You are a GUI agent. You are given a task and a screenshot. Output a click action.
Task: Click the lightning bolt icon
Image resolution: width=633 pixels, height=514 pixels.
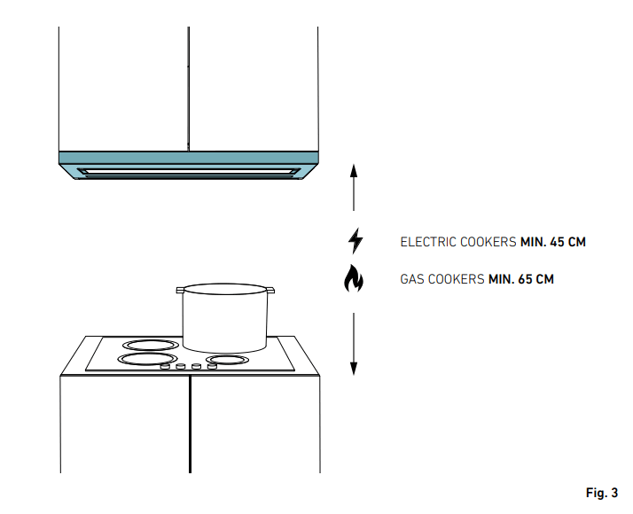pos(355,241)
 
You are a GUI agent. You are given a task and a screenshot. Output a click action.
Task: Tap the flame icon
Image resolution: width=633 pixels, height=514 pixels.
pos(354,279)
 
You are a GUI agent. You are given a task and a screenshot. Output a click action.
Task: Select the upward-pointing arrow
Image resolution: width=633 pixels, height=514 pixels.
pos(354,186)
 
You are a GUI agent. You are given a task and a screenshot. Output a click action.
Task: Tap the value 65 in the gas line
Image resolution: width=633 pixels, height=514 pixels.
pos(524,279)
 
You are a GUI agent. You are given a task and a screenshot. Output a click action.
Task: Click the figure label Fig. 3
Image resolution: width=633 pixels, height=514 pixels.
pos(602,492)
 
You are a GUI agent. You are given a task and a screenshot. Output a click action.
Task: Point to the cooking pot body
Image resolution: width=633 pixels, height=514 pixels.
pos(225,319)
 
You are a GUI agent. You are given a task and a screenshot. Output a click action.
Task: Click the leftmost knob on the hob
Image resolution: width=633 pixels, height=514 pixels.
pos(165,365)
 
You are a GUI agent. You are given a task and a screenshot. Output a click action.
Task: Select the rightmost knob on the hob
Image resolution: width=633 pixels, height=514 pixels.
pos(211,365)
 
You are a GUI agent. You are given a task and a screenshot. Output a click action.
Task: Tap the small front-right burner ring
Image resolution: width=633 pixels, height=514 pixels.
pos(229,360)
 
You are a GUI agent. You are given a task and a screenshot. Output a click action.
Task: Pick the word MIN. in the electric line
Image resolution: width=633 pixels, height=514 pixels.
pos(531,241)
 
